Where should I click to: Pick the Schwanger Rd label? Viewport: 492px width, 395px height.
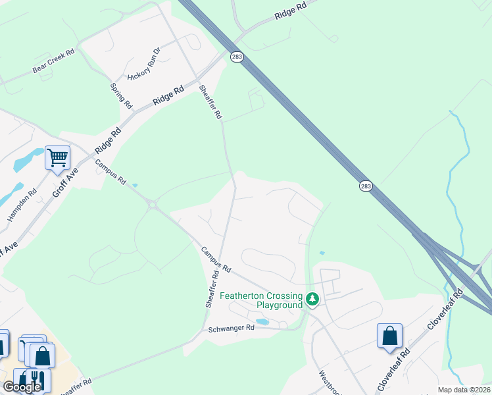[x=231, y=328]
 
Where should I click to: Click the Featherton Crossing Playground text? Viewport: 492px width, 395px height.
[x=260, y=300]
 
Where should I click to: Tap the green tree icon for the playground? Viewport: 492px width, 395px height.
[x=312, y=300]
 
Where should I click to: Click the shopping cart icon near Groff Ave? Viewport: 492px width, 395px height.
[x=57, y=158]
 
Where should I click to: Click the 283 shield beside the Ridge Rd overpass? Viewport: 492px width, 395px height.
[x=237, y=57]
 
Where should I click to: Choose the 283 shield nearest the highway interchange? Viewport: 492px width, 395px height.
[x=366, y=186]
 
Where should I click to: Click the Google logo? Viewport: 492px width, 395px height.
[x=22, y=387]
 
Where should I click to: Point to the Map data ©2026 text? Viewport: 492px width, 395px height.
[x=464, y=390]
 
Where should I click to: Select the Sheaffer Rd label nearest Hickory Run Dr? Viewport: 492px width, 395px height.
[x=211, y=101]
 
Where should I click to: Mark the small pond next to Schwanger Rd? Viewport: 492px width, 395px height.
[x=262, y=322]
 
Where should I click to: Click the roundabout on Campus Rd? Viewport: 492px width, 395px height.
[x=153, y=205]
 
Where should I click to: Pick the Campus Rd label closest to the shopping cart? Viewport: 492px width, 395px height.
[x=110, y=172]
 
